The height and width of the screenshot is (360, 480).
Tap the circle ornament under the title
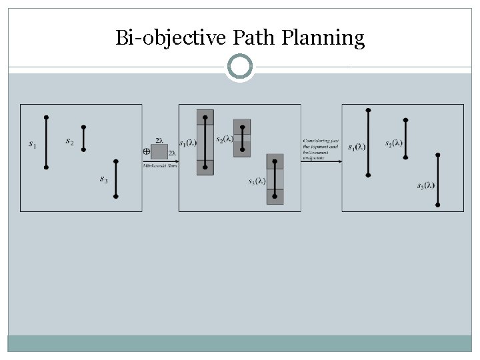pos(240,67)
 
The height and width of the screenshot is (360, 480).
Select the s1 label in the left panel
pos(33,143)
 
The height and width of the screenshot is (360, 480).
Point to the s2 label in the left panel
pos(70,141)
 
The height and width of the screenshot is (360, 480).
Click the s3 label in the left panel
pos(104,179)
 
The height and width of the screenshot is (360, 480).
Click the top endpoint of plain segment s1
pos(46,117)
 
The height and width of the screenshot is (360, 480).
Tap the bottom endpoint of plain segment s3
pos(115,196)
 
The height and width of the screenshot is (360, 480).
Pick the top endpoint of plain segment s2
pos(83,127)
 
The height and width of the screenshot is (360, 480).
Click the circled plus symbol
pos(146,151)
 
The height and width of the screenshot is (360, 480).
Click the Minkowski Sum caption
pos(159,165)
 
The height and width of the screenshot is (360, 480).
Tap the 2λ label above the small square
pos(159,140)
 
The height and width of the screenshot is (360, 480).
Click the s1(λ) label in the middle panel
pos(187,143)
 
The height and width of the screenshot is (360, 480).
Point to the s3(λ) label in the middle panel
pos(257,181)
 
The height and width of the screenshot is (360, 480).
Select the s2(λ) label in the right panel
pos(393,143)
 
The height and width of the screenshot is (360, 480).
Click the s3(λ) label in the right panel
pos(425,186)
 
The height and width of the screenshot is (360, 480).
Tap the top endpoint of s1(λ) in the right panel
pos(368,110)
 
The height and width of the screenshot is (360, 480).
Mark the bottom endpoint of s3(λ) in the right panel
pos(437,205)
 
